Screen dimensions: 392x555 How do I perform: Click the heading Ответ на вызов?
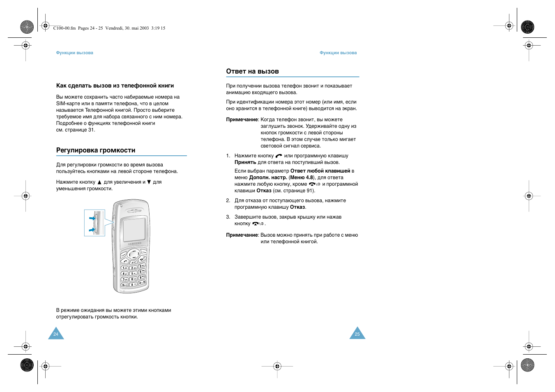[x=252, y=71]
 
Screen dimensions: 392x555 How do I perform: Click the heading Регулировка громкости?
[x=95, y=150]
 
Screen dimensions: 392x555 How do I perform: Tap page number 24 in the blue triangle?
[x=56, y=334]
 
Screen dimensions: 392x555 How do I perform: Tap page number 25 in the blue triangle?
[x=357, y=334]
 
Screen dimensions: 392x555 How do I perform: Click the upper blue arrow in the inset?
[x=92, y=218]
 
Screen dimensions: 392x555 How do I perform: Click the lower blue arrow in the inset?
[x=92, y=230]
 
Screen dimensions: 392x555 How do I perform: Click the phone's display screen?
[x=134, y=229]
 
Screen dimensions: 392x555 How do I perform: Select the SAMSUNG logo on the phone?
[x=135, y=244]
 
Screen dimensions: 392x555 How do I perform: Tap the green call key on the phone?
[x=125, y=261]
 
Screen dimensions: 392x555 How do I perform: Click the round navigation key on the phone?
[x=134, y=255]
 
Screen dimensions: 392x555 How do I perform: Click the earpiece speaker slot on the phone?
[x=133, y=210]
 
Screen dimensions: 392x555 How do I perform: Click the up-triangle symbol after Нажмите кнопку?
[x=99, y=182]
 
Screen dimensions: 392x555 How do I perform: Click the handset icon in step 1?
[x=279, y=156]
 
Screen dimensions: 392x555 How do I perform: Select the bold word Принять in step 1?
[x=245, y=162]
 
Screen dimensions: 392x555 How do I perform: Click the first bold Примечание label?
[x=242, y=120]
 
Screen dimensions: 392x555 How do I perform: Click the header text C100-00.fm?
[x=64, y=28]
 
